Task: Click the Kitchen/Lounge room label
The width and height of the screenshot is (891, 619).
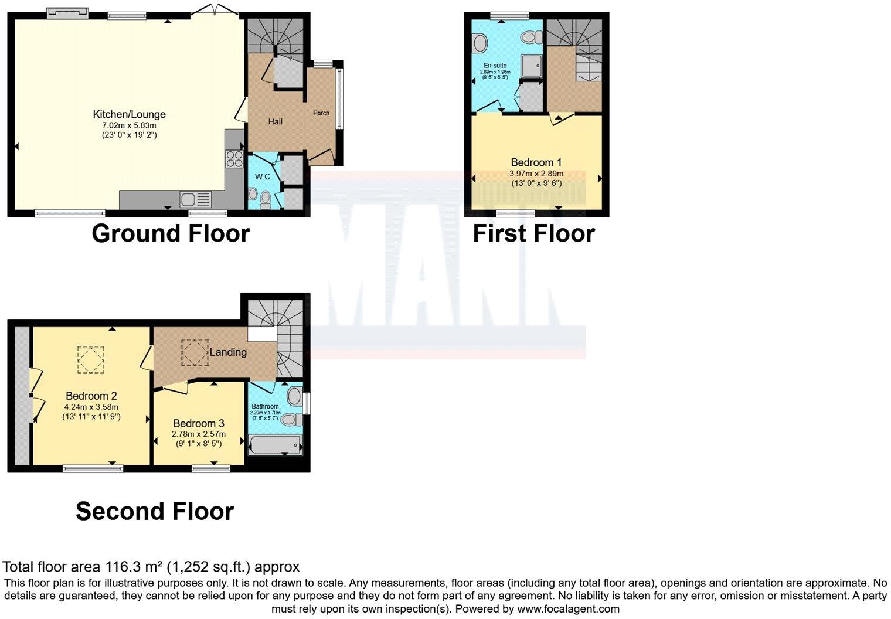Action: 129,114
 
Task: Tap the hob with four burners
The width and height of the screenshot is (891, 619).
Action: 234,159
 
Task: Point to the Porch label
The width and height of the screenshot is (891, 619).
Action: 321,113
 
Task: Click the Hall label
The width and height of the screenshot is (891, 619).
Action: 275,122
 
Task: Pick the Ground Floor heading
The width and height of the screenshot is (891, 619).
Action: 171,233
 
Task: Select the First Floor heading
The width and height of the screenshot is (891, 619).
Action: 533,233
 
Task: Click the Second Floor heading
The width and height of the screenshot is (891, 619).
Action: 155,511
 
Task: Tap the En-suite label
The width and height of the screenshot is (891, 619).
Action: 495,66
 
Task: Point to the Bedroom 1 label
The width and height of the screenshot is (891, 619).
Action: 532,162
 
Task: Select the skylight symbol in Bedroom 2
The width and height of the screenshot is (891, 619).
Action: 91,359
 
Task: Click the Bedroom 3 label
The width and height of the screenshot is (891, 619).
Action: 199,423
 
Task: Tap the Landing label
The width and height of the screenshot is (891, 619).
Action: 228,352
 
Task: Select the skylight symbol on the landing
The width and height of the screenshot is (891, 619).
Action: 195,353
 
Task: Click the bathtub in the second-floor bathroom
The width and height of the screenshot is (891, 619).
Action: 275,446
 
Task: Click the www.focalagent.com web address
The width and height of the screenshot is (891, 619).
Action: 568,608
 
